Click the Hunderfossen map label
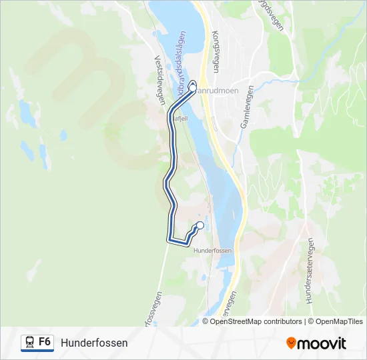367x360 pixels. [x=212, y=251]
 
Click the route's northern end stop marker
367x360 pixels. [x=193, y=87]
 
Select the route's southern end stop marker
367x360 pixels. [x=200, y=225]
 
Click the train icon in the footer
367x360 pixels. [x=29, y=343]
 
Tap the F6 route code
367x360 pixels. [x=45, y=342]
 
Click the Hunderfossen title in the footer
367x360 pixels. [x=94, y=343]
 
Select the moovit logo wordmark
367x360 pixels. [x=322, y=343]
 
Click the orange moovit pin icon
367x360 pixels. [x=291, y=343]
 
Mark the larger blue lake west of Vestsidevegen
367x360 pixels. [x=27, y=113]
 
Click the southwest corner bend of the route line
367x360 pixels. [x=169, y=239]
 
